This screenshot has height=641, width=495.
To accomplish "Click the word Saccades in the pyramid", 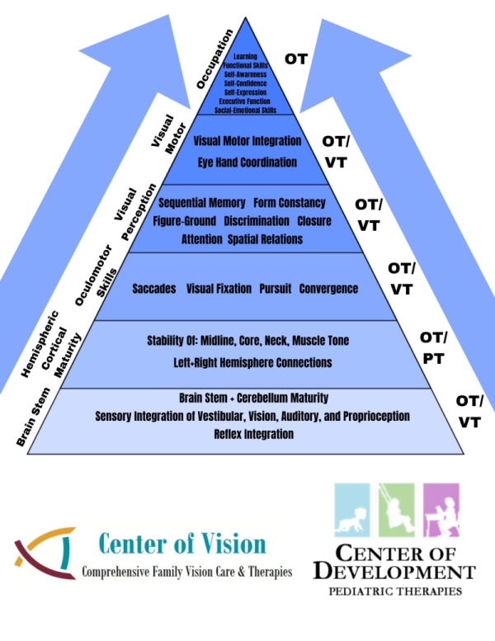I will click(154, 289).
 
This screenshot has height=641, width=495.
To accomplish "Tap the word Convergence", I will click(328, 289).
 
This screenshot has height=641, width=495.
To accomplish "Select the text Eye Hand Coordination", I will click(247, 163).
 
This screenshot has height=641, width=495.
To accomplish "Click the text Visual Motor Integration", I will click(247, 141).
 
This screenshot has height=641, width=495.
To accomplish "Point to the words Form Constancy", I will click(290, 203).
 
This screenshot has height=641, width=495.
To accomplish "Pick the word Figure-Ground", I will click(184, 221).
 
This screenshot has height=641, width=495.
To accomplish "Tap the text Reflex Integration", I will click(253, 434).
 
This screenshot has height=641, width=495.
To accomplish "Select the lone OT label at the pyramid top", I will click(296, 59).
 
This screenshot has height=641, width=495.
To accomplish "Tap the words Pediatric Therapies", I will click(394, 592).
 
